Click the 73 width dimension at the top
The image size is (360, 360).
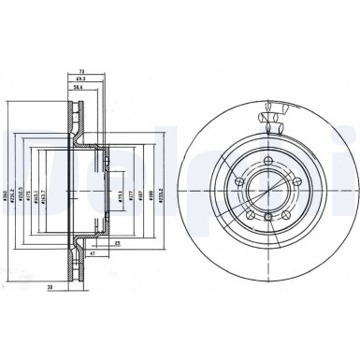(82, 71)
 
